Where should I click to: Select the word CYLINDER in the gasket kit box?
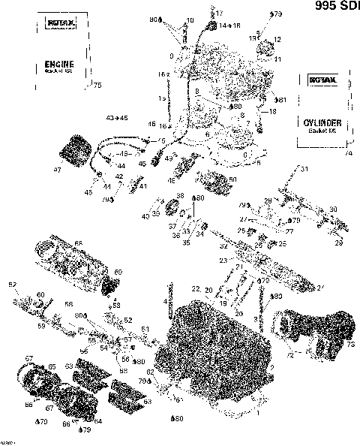tap(319, 122)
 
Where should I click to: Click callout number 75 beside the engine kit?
tap(95, 86)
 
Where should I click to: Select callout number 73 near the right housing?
tap(349, 344)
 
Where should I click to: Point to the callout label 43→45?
tap(118, 119)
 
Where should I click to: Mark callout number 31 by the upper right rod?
tap(304, 170)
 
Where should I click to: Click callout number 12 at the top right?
tap(277, 39)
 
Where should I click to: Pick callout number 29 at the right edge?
tap(338, 244)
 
